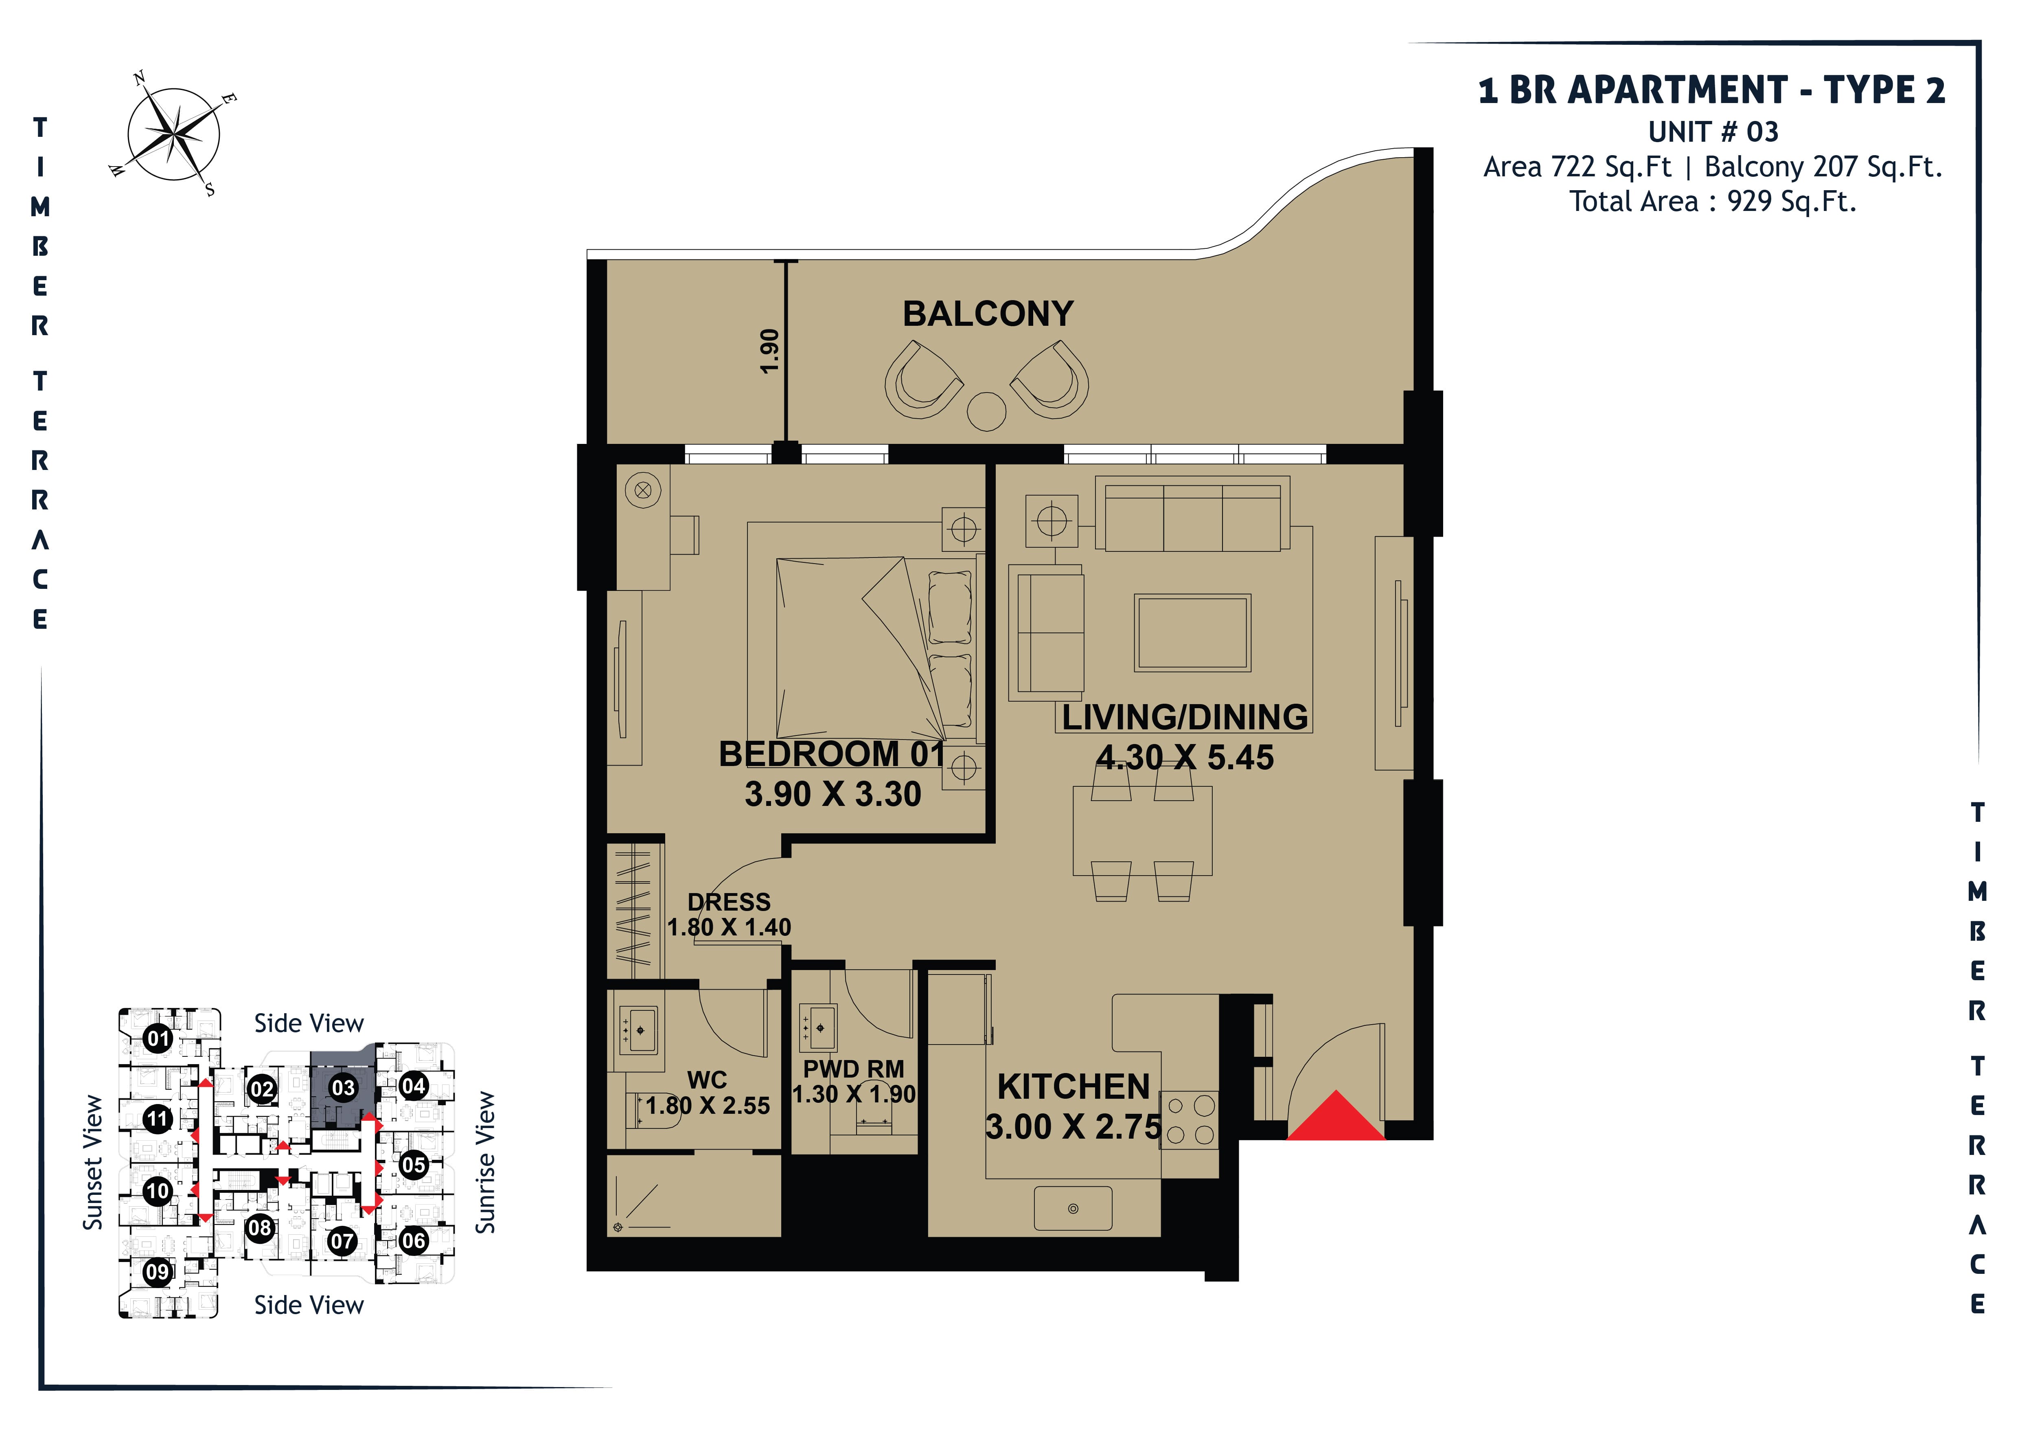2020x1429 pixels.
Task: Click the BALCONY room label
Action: coord(988,314)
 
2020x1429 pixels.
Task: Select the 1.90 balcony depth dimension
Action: coord(770,351)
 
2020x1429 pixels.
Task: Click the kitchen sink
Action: coord(1072,1208)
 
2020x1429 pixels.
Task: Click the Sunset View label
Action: coord(92,1162)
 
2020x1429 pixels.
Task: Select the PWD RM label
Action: coord(853,1069)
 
